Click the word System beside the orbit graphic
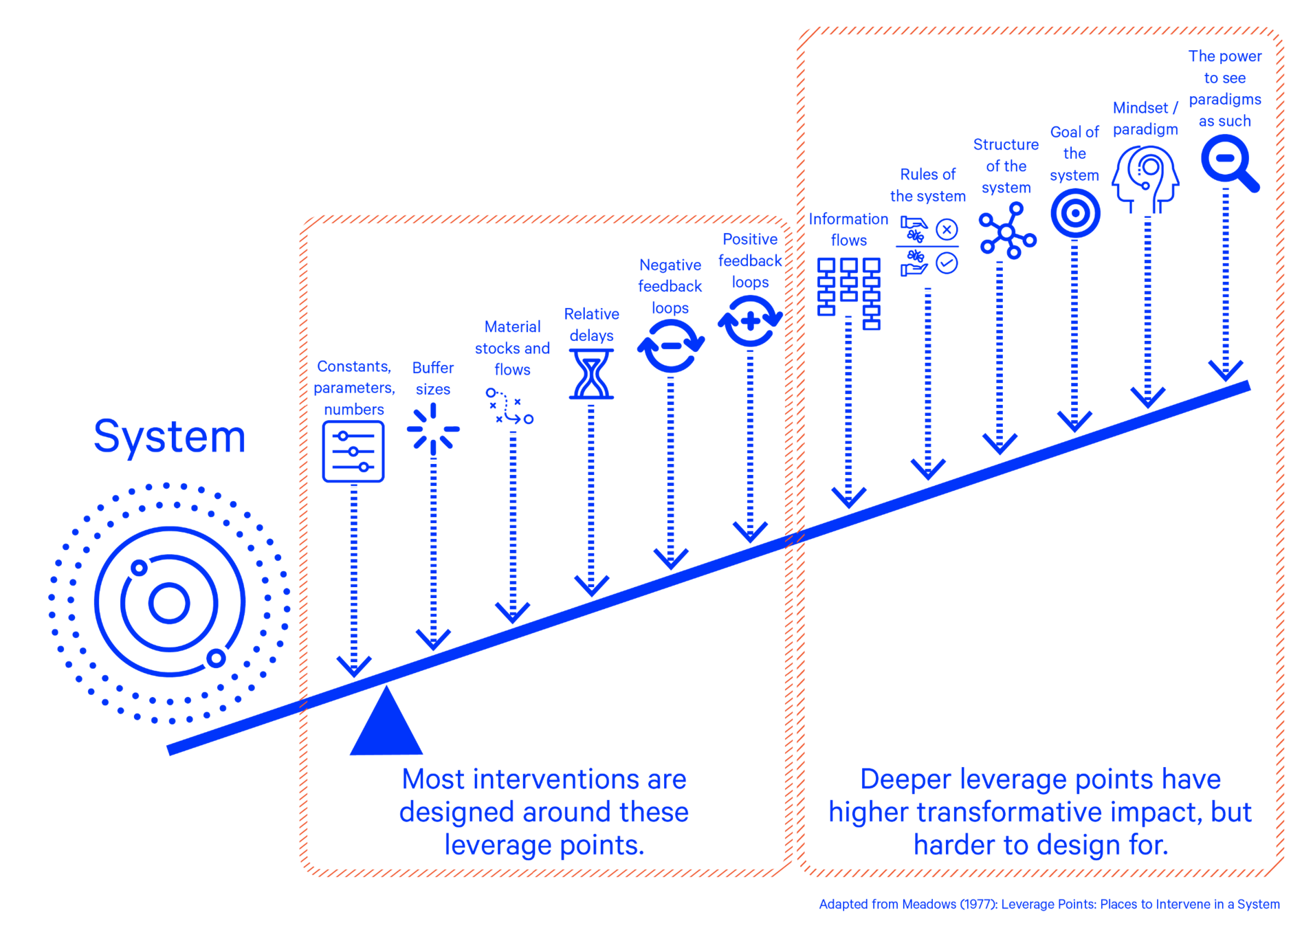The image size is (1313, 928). (x=170, y=437)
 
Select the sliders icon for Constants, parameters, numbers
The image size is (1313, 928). (x=353, y=452)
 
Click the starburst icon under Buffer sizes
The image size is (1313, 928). (x=433, y=429)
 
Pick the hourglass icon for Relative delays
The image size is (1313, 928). (x=591, y=374)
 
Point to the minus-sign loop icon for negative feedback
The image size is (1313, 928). (x=670, y=346)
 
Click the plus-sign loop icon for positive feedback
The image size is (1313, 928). (x=750, y=320)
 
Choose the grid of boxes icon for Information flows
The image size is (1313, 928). (x=849, y=292)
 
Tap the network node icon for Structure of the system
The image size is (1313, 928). (x=1007, y=231)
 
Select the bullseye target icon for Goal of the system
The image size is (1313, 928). (x=1075, y=214)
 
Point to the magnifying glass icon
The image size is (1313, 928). (x=1228, y=162)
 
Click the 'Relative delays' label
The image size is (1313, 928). (x=591, y=324)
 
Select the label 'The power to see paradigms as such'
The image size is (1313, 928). (x=1225, y=88)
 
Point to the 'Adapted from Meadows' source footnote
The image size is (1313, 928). (x=1049, y=904)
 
